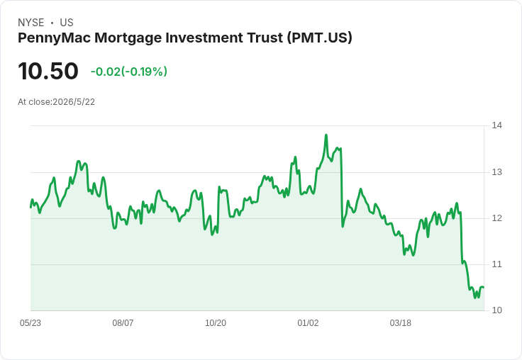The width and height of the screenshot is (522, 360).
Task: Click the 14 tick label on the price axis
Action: [x=496, y=125]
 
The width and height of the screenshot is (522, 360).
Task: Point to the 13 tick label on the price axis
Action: [x=496, y=172]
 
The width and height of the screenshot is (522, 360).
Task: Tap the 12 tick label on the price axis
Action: [x=496, y=218]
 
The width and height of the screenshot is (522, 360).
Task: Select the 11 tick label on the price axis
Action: [x=496, y=264]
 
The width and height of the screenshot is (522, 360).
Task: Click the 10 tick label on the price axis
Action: [x=496, y=310]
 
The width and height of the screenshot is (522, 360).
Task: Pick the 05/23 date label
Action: [x=30, y=322]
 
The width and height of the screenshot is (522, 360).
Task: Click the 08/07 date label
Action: [x=123, y=322]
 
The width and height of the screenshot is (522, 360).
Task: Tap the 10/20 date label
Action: [x=216, y=322]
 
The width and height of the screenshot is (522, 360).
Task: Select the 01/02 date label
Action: [x=308, y=322]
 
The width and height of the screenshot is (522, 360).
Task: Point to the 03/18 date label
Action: [x=401, y=322]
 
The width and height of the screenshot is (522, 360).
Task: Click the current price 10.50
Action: [x=48, y=71]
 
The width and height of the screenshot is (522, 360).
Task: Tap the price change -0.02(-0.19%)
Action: [x=129, y=72]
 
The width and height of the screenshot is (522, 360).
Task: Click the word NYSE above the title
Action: [x=31, y=23]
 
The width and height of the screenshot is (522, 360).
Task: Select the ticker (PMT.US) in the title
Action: [x=318, y=38]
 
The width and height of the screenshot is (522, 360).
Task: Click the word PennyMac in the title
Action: [x=55, y=38]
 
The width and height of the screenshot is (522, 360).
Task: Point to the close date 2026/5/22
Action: [x=74, y=102]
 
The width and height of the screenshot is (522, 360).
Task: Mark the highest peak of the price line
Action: [x=326, y=135]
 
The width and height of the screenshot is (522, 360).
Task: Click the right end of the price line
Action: [x=484, y=287]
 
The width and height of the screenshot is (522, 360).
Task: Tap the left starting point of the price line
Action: [x=30, y=207]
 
